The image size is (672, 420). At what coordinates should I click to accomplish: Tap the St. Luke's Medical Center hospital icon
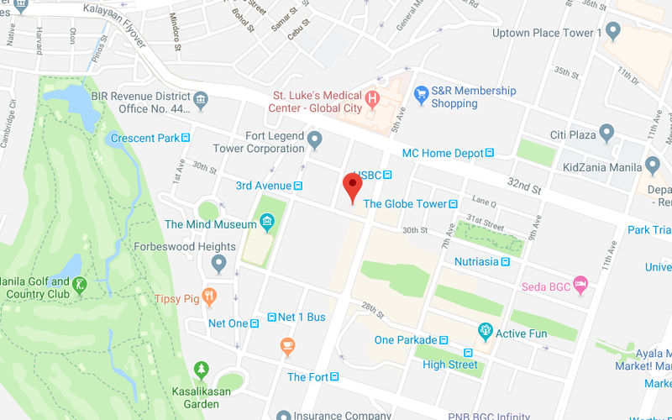pyautogui.click(x=373, y=98)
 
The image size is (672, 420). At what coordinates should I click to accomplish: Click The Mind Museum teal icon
pyautogui.click(x=267, y=223)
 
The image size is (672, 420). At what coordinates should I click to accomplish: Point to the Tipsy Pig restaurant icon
pyautogui.click(x=210, y=297)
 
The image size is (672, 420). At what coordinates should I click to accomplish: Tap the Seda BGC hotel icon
pyautogui.click(x=580, y=286)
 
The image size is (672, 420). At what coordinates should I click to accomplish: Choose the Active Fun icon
pyautogui.click(x=485, y=333)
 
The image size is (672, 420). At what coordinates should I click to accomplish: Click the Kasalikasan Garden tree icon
pyautogui.click(x=201, y=370)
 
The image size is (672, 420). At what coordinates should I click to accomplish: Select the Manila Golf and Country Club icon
pyautogui.click(x=79, y=285)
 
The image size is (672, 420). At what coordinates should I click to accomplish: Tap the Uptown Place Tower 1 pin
pyautogui.click(x=613, y=32)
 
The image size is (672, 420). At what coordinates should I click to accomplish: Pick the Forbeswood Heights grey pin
pyautogui.click(x=219, y=264)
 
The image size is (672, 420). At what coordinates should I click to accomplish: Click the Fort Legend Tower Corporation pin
pyautogui.click(x=315, y=139)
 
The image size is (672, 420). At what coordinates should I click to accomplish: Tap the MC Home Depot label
pyautogui.click(x=443, y=153)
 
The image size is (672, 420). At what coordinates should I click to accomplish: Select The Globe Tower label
pyautogui.click(x=404, y=203)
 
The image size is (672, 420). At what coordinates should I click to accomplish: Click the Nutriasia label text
pyautogui.click(x=476, y=261)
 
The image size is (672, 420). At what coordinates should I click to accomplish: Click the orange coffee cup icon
pyautogui.click(x=287, y=345)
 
